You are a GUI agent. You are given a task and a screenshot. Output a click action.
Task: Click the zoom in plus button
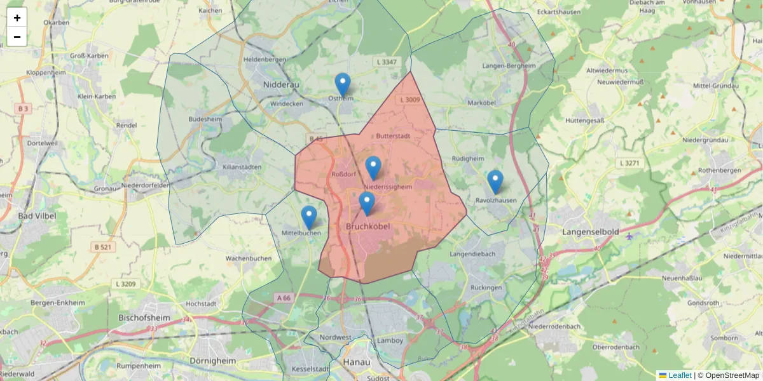click(17, 18)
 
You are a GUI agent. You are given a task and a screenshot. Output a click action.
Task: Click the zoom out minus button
click(17, 37)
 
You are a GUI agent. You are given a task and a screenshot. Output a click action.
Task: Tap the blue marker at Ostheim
click(343, 84)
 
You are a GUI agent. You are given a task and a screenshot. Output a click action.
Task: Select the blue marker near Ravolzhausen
click(495, 182)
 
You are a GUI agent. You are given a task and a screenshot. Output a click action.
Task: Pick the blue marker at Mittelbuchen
click(309, 217)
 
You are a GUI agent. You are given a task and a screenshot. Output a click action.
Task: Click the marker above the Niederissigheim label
click(373, 168)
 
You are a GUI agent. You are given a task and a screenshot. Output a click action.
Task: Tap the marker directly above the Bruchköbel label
click(367, 203)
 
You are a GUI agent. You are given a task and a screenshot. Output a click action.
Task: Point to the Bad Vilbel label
click(37, 216)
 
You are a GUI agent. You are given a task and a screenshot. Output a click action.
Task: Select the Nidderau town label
click(281, 84)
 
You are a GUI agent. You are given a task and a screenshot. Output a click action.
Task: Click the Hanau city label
click(356, 361)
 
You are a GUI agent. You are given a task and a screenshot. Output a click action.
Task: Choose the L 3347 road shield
click(387, 62)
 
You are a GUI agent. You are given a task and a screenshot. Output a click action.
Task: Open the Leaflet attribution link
click(679, 375)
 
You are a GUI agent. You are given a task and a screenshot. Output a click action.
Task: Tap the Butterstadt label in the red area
click(392, 136)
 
